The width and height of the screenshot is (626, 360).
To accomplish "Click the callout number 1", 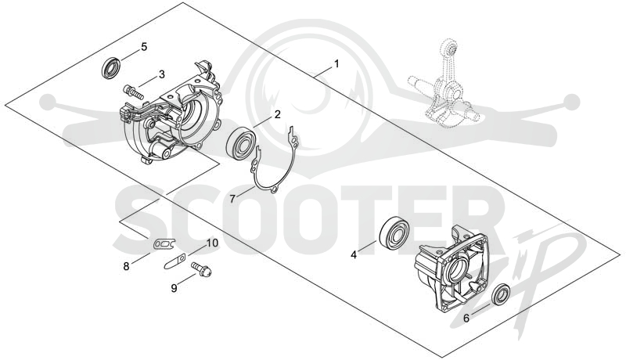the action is [336, 64].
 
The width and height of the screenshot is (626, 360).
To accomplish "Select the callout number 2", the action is [277, 114].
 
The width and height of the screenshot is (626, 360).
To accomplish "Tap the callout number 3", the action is [162, 74].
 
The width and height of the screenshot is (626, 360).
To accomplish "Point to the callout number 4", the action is [354, 254].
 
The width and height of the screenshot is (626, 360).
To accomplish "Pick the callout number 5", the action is [144, 47].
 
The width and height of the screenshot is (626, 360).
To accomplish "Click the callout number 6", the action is [466, 318].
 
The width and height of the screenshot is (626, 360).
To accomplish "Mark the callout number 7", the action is [232, 198].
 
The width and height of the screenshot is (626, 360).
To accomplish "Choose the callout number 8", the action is [126, 266].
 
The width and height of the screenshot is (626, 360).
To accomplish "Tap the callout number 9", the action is [174, 288].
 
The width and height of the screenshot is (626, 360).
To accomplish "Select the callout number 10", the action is [212, 243].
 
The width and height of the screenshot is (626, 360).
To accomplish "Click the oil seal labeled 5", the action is [110, 67].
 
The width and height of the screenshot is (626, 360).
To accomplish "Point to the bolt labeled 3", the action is [133, 92].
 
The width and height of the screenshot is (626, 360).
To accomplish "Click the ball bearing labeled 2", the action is [240, 143].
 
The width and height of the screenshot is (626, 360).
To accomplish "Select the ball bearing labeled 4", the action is [393, 234].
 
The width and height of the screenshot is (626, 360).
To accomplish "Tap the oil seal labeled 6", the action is [501, 294].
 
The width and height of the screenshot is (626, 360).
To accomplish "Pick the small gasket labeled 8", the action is [164, 243].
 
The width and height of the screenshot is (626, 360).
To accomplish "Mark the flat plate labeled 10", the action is [174, 262].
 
